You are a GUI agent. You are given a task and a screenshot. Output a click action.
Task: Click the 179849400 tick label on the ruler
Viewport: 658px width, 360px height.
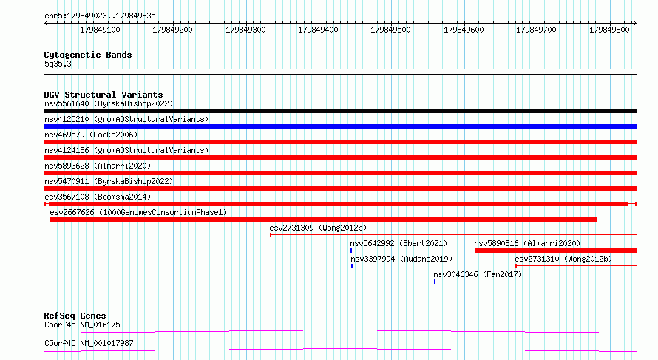318,30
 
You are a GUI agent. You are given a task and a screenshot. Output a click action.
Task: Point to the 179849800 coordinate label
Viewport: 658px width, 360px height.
609,30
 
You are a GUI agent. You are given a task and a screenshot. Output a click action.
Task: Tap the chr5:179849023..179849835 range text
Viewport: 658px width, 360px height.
100,16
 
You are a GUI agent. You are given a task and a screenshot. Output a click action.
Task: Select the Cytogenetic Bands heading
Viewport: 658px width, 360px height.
88,55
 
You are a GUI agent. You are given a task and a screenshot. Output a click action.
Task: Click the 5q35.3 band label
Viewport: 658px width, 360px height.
58,64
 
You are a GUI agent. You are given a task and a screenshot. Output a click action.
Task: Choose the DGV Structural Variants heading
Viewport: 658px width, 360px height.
104,95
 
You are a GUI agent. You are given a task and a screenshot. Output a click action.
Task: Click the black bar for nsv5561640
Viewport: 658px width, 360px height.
340,111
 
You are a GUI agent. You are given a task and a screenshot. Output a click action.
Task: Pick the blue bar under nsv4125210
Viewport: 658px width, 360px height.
340,126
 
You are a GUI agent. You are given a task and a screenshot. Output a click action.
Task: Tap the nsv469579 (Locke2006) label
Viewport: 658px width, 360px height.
91,135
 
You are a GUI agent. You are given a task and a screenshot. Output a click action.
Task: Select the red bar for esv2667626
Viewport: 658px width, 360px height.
324,220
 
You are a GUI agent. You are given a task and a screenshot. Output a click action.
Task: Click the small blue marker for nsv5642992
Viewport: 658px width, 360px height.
351,251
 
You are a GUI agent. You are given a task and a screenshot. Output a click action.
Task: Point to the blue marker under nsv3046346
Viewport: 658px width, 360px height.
435,282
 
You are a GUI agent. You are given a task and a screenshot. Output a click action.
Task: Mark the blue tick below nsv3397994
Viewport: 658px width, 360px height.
352,266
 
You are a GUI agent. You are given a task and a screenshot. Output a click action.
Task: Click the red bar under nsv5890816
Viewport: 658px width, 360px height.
556,251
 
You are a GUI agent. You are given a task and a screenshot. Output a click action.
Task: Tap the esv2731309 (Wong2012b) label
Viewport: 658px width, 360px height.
318,228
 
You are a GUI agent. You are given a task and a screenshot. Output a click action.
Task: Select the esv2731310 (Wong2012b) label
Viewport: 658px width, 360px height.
563,259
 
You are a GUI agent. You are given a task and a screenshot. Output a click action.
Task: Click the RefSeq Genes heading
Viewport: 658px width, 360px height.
75,316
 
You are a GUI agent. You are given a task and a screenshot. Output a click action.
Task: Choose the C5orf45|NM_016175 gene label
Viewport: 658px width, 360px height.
82,325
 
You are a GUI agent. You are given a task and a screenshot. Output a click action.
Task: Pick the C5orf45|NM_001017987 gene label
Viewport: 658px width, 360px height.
89,343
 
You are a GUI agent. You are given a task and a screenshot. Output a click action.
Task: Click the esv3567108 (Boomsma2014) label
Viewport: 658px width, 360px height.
98,197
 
